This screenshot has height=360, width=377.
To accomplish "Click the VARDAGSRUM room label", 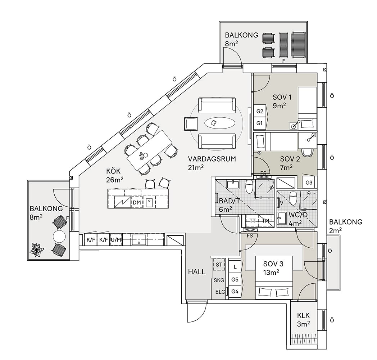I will coord(212,159).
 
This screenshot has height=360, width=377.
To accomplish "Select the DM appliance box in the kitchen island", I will coord(137,203).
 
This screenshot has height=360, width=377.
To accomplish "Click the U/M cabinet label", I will coord(115,239).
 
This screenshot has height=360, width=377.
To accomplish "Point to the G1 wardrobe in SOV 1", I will coord(259,123).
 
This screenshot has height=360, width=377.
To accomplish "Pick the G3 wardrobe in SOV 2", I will coord(309,182).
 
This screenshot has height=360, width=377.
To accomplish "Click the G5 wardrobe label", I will coord(235,279).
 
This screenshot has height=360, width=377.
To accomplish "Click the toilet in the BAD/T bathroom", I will coord(249,186).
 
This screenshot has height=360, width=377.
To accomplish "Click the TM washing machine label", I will coord(265,221).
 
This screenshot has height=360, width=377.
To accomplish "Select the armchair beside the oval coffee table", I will coord(190,123).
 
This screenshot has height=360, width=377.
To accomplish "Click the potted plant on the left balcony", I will coord(37,249).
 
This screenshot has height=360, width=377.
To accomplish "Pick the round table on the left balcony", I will coord(59,237).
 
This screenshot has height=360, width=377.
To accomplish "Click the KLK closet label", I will coord(303,316).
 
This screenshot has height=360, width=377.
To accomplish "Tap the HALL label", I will coord(197,272).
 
